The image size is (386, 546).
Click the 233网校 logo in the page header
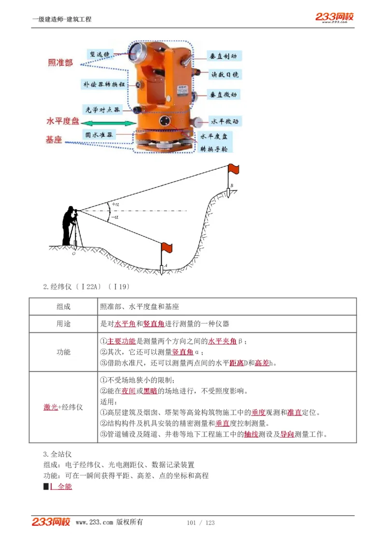point(334,17)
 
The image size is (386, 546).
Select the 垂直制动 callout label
point(223,56)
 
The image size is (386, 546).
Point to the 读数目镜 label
point(224,75)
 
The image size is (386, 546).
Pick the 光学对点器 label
point(102,109)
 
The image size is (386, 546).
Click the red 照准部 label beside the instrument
point(60,63)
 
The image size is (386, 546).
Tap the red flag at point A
point(166,247)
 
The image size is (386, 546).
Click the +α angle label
point(115,204)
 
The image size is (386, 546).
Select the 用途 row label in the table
point(63,324)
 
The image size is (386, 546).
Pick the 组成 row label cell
point(63,307)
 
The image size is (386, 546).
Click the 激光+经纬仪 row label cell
point(63,407)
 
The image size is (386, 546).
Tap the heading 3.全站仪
point(57,454)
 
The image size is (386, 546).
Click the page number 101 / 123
point(200,523)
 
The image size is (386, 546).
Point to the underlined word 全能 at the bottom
point(65,487)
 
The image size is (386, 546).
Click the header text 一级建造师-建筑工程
point(61,19)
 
